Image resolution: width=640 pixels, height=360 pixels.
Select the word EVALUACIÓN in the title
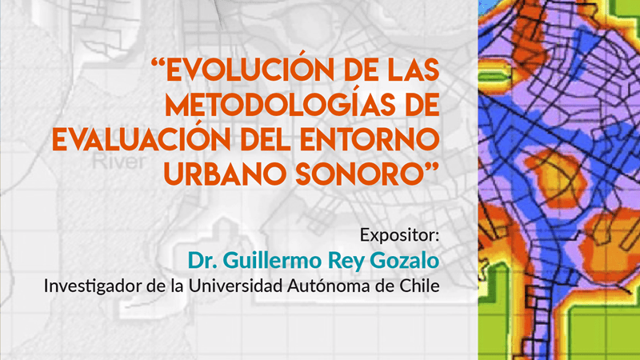click(142, 138)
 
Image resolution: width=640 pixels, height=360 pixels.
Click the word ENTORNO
click(370, 139)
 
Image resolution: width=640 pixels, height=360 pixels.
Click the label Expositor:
click(399, 235)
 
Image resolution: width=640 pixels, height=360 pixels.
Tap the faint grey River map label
click(118, 162)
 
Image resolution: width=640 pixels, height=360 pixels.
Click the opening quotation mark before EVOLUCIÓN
click(158, 63)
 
